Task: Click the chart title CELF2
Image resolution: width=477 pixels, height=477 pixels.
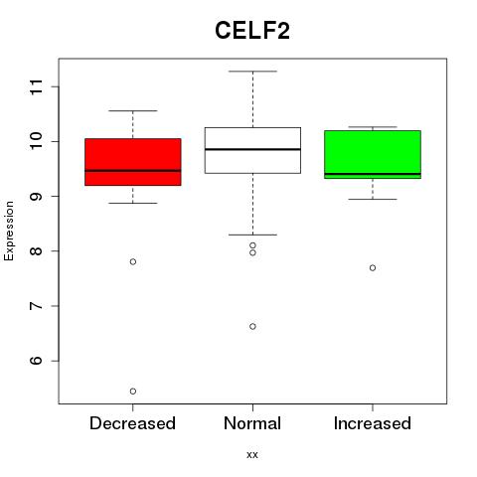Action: (252, 31)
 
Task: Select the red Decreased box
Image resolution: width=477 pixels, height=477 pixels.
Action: (133, 162)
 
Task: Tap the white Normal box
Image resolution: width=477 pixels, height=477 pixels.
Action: (252, 150)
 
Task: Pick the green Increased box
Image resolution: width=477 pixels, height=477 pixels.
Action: (373, 154)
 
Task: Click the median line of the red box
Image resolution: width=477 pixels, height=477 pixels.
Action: (133, 171)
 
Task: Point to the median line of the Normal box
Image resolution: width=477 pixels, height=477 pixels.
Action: (252, 149)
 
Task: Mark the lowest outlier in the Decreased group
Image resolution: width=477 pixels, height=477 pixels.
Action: (133, 392)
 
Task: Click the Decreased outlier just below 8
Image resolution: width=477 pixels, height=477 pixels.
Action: (133, 261)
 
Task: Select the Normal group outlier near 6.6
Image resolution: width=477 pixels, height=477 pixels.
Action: (252, 326)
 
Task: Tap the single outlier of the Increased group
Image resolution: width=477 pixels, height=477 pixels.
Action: (373, 267)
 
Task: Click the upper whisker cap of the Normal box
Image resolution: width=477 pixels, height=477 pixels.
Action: (252, 72)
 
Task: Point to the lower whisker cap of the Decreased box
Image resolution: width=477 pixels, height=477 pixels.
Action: (133, 203)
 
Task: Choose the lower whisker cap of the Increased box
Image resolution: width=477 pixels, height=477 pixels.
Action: (373, 199)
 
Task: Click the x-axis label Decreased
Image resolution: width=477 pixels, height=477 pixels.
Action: (132, 423)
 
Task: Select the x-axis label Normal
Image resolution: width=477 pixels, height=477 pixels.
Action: (252, 423)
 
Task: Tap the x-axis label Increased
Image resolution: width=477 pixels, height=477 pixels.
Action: (373, 423)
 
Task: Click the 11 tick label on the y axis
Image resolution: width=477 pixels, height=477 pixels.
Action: (37, 86)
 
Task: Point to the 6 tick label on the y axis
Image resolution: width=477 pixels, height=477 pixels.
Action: (37, 361)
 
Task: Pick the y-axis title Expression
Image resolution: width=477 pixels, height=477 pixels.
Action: (9, 231)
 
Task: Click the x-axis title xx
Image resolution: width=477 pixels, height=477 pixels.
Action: (252, 455)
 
